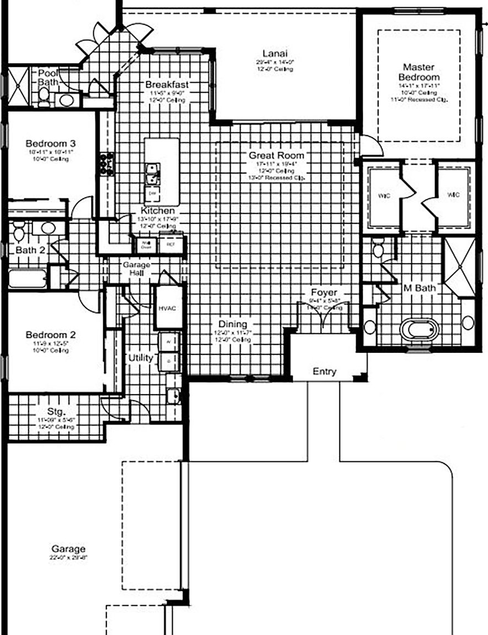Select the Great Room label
[x=276, y=155]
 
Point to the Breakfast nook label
[x=167, y=84]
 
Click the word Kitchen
[x=158, y=211]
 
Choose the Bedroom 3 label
[x=50, y=144]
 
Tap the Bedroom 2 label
[x=50, y=335]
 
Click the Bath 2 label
[x=26, y=250]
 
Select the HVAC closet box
[x=167, y=308]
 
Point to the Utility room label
[x=141, y=358]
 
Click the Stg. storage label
[x=57, y=411]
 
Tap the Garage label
[x=68, y=548]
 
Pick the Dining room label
[x=232, y=324]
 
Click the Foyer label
[x=324, y=292]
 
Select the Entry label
[x=324, y=372]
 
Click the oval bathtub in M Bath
[x=419, y=330]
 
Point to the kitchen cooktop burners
[x=106, y=164]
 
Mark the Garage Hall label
[x=136, y=269]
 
